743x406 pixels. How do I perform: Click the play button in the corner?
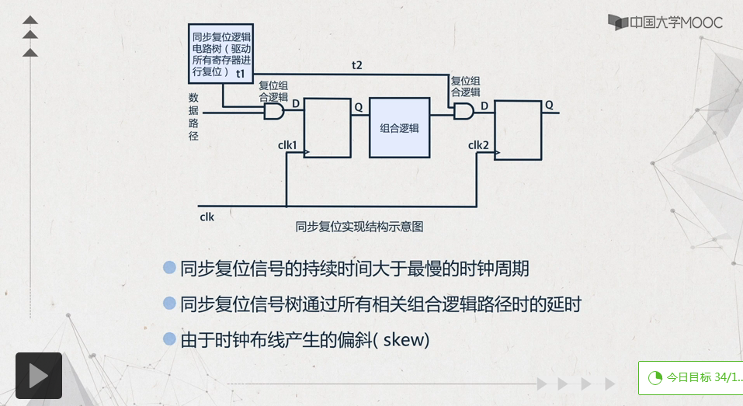click(x=39, y=376)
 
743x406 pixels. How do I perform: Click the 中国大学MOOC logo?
click(x=665, y=22)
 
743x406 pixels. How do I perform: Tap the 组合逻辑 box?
click(x=399, y=127)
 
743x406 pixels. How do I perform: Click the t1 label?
click(x=241, y=73)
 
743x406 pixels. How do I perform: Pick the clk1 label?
click(x=287, y=144)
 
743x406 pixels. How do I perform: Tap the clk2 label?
click(x=478, y=145)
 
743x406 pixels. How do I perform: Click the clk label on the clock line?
click(x=207, y=217)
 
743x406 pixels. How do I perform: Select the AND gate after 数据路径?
click(x=274, y=112)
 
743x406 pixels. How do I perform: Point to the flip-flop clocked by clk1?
click(x=327, y=128)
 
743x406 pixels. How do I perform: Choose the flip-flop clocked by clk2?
click(x=518, y=130)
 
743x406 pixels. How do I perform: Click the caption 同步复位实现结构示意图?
click(x=359, y=227)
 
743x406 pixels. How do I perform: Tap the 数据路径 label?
click(x=193, y=116)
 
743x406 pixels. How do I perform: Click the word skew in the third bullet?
click(x=404, y=339)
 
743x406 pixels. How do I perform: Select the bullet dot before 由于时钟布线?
click(x=169, y=338)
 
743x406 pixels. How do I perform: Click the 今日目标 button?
click(x=690, y=377)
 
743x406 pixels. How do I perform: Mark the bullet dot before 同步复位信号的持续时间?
click(x=169, y=269)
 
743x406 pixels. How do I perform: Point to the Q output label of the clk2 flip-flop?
click(x=549, y=105)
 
